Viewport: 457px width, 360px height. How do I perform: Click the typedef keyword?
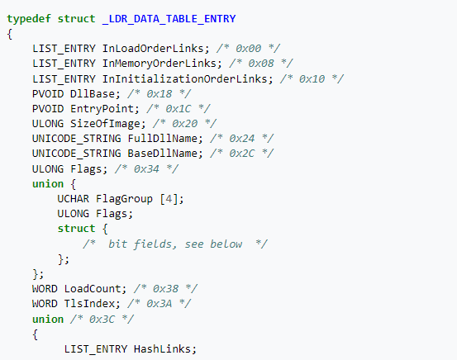pos(29,19)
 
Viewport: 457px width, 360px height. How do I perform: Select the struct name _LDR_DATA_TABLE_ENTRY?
pos(169,19)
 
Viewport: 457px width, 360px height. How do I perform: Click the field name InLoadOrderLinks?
pos(154,49)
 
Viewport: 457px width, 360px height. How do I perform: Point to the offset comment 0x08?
pos(261,64)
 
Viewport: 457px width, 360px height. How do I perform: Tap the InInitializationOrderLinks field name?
pos(185,79)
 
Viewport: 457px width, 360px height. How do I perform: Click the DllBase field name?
pos(93,94)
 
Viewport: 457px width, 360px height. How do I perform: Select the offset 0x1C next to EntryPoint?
pos(179,109)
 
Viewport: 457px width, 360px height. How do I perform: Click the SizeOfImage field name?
pos(106,124)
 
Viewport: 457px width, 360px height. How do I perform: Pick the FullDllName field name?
pos(163,139)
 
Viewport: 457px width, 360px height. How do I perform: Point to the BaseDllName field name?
pos(163,154)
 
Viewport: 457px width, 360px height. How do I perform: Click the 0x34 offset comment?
pos(146,169)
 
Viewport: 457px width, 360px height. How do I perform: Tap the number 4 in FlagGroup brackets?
pos(169,199)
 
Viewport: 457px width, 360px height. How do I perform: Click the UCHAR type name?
pos(74,199)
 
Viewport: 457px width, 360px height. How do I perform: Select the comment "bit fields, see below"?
pos(175,244)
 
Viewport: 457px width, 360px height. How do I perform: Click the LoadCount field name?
pos(93,289)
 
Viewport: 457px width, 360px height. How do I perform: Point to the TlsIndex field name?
pos(89,304)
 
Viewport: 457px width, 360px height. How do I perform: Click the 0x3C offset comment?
pos(102,320)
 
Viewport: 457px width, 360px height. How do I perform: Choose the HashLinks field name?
pos(163,349)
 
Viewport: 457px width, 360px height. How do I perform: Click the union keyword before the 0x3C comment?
pos(48,320)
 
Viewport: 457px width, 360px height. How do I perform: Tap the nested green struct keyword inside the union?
pos(76,229)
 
